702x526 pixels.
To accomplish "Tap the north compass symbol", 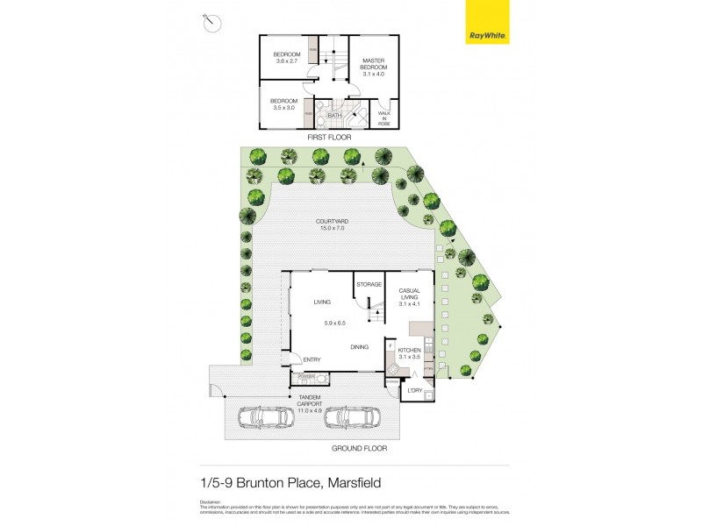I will (x=210, y=23).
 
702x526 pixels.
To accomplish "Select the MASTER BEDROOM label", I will (x=375, y=68).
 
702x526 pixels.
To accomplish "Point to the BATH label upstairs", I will (x=334, y=116).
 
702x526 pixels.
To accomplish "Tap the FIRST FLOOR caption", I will (x=329, y=139).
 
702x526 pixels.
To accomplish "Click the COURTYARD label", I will (x=333, y=224).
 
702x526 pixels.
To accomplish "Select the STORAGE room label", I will (x=369, y=285).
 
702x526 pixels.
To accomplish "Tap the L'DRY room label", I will (x=415, y=391).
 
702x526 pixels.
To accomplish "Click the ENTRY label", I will (x=312, y=359).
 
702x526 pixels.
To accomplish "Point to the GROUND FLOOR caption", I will (x=360, y=448).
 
